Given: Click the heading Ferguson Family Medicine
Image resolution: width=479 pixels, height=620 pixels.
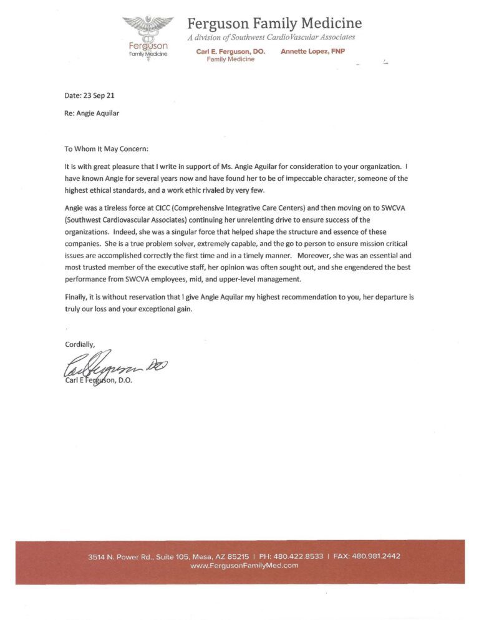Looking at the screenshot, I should click(274, 24).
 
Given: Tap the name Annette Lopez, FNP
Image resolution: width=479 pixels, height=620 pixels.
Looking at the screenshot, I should click(312, 51).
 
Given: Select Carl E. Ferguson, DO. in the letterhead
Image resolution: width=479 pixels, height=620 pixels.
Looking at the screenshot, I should click(230, 52).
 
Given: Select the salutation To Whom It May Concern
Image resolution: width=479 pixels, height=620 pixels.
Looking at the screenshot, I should click(107, 149).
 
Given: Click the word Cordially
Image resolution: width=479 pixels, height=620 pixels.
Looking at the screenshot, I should click(80, 344).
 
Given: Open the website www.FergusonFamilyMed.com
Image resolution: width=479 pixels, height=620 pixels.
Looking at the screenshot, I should click(244, 565).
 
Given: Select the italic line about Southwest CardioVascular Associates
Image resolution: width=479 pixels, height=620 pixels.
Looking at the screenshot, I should click(271, 38).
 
